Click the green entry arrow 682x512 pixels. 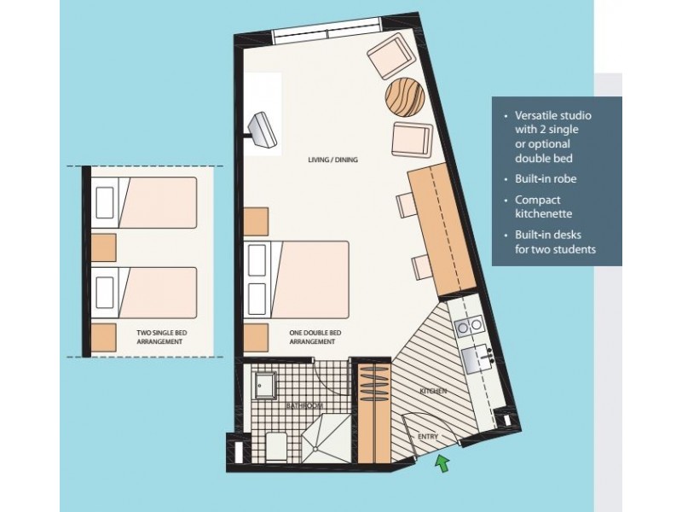click(442, 463)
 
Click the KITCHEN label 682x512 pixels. click(433, 390)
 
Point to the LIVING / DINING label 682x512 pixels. click(332, 160)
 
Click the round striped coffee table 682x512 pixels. click(404, 96)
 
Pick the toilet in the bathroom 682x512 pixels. click(275, 445)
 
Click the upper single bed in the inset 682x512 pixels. click(145, 201)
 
